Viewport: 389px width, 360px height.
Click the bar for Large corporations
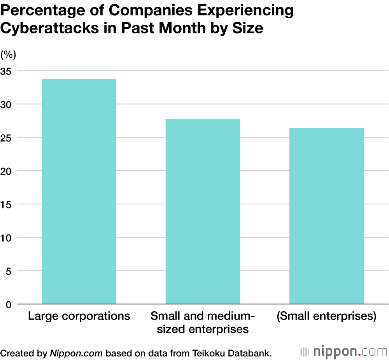pyautogui.click(x=79, y=191)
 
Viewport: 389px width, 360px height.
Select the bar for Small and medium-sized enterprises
pyautogui.click(x=203, y=211)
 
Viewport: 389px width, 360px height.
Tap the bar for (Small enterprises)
pyautogui.click(x=326, y=216)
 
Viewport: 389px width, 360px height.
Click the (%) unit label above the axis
pyautogui.click(x=8, y=55)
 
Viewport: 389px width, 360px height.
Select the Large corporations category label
pyautogui.click(x=79, y=316)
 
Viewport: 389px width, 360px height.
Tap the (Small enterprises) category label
pyautogui.click(x=326, y=316)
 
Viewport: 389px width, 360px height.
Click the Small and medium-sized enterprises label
pyautogui.click(x=203, y=322)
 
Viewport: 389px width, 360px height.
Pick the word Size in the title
pyautogui.click(x=249, y=28)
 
